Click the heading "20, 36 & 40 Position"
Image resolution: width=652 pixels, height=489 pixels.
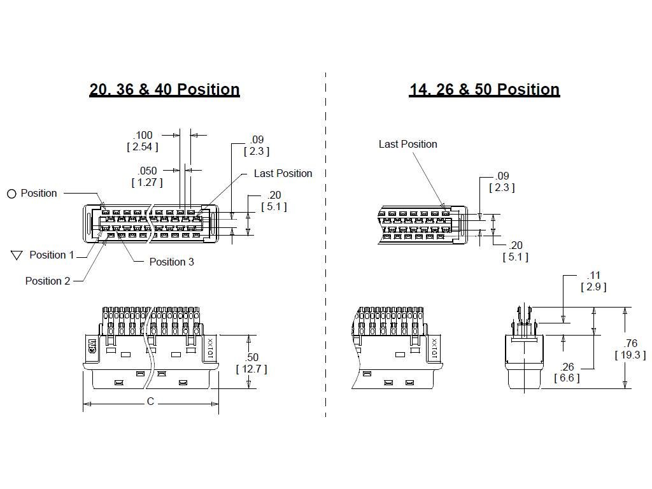(164, 90)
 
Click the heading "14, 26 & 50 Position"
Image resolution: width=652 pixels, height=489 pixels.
(484, 90)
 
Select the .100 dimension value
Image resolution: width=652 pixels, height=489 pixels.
(143, 135)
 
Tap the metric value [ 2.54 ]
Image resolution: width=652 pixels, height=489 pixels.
(143, 147)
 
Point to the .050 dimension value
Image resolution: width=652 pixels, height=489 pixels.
(147, 171)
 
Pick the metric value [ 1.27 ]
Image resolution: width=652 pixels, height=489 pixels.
(147, 183)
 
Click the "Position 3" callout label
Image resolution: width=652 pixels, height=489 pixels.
(171, 262)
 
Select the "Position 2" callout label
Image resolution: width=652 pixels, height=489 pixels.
(48, 281)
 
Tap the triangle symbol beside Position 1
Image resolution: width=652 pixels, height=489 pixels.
(17, 255)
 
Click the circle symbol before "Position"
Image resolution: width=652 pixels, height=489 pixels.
(11, 194)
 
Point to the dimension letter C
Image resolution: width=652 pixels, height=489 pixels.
(151, 402)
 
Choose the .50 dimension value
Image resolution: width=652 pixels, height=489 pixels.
(252, 357)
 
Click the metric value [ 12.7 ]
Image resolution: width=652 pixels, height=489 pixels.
(252, 369)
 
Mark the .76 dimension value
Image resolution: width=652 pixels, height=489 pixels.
(630, 344)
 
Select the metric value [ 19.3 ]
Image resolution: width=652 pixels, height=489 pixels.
(630, 355)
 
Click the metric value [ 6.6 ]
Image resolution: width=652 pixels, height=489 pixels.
(567, 378)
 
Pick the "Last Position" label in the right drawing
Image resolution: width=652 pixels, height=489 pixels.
(407, 145)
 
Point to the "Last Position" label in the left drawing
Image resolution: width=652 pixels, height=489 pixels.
(283, 173)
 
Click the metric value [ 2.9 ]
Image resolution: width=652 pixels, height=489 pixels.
(593, 287)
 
